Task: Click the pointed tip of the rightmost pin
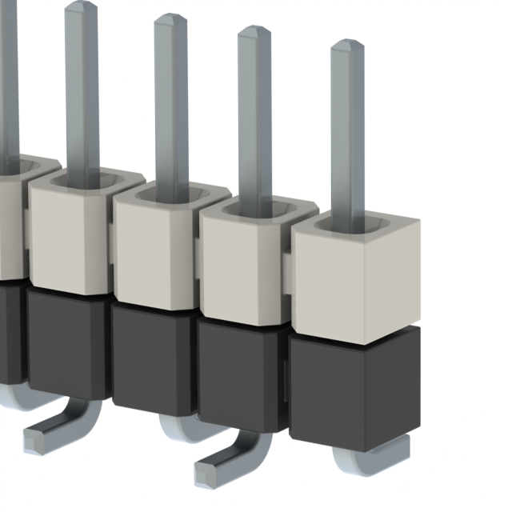[347, 46]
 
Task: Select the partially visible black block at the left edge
[10, 328]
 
